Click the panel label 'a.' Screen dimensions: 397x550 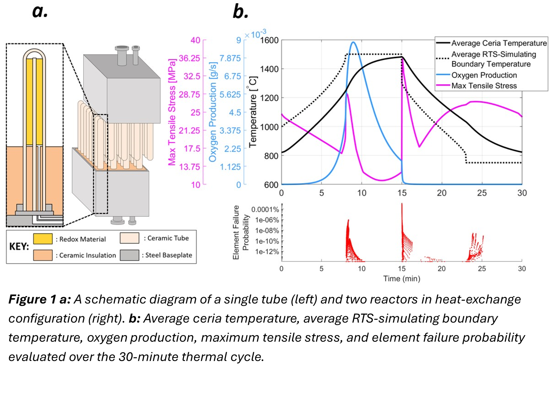[x=40, y=12]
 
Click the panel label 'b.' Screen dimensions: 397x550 [x=240, y=12]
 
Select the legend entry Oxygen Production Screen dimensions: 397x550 [x=484, y=75]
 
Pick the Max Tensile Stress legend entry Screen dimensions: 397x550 [x=484, y=86]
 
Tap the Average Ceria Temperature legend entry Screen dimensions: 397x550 [x=499, y=43]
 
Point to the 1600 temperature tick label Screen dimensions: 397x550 [x=269, y=40]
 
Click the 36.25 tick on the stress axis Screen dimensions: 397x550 [x=189, y=58]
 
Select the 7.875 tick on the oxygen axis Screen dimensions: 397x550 [x=230, y=58]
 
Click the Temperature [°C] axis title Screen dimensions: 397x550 [x=253, y=112]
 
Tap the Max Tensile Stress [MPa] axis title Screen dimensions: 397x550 [x=172, y=112]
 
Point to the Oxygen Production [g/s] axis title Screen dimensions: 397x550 [x=213, y=112]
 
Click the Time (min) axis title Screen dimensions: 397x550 [x=402, y=279]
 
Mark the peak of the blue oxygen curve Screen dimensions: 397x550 [x=354, y=42]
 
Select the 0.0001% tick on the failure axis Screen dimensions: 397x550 [x=265, y=209]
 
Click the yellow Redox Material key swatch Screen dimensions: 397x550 [x=43, y=238]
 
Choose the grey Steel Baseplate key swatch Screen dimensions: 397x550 [x=129, y=255]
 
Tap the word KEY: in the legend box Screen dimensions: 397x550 [x=19, y=247]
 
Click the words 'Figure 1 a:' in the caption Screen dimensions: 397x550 [x=40, y=299]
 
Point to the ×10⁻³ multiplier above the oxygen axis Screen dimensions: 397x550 [x=255, y=34]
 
